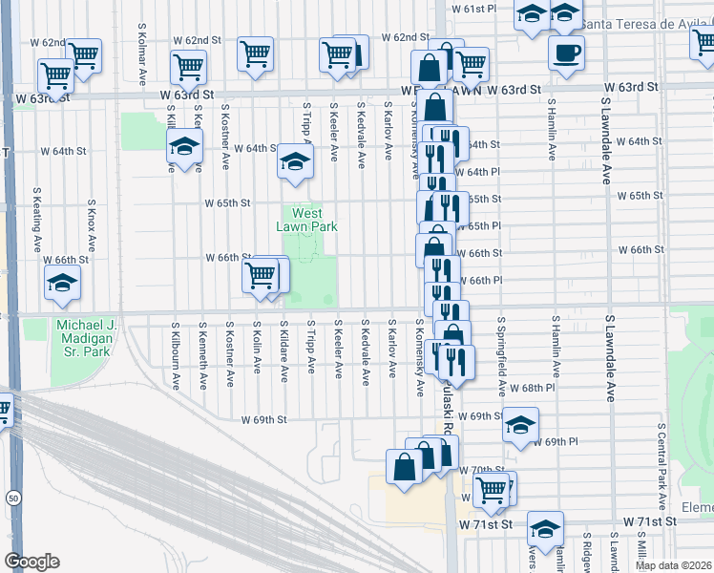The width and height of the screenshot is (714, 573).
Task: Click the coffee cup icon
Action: coord(566,52)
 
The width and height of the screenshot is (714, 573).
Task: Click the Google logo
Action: coord(31,562)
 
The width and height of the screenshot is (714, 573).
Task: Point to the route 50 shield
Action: coord(12,498)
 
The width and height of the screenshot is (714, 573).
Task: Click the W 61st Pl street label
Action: coord(475,8)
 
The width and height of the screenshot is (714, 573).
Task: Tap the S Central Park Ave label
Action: coord(661,467)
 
